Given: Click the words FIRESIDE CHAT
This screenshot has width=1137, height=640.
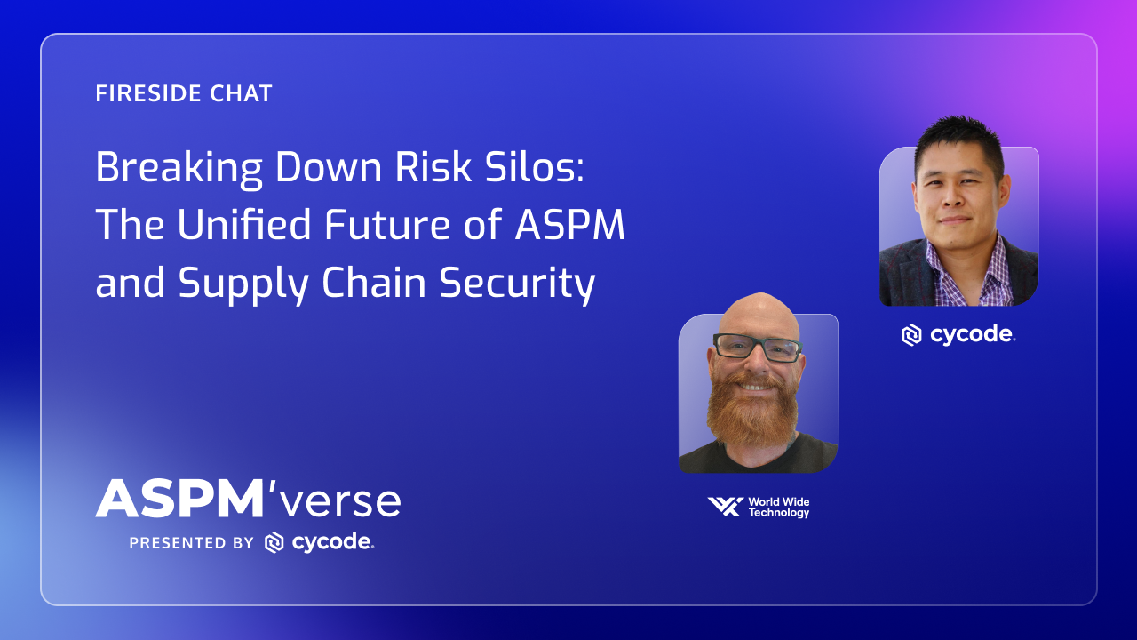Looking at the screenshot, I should pyautogui.click(x=184, y=93).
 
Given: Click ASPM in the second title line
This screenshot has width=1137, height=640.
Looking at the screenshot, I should pyautogui.click(x=570, y=226).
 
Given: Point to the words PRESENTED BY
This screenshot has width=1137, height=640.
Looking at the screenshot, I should pyautogui.click(x=191, y=543).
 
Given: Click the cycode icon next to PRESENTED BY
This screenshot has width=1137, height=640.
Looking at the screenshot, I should pyautogui.click(x=274, y=543).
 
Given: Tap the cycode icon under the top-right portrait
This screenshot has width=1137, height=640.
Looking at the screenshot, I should pyautogui.click(x=911, y=335).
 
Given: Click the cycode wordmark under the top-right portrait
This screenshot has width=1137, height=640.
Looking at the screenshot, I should pyautogui.click(x=973, y=335).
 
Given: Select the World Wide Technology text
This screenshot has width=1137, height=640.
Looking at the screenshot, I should pyautogui.click(x=778, y=508).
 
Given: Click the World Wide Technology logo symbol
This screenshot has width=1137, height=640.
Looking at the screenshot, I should pyautogui.click(x=725, y=507).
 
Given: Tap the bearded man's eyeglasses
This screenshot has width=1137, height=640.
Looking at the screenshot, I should pyautogui.click(x=756, y=347).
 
